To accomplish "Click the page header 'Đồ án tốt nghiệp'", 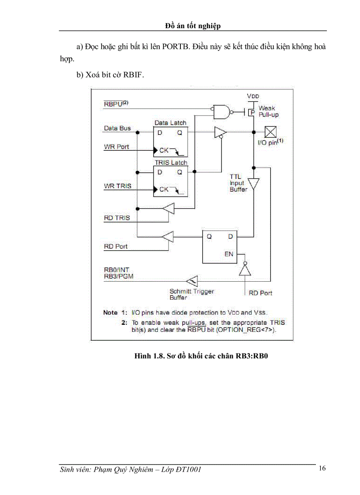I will [x=193, y=26].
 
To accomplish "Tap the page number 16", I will [x=322, y=468].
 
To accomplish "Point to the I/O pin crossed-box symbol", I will [x=270, y=132].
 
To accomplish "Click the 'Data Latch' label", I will [x=170, y=123].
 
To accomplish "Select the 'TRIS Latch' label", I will [x=170, y=163].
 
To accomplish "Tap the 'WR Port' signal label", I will [x=116, y=147].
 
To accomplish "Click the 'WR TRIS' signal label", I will [x=117, y=186].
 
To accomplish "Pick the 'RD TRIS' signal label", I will [x=117, y=217].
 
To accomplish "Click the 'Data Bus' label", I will [x=117, y=128].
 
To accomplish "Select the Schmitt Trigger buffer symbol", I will [x=191, y=280].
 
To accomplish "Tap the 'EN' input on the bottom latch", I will [x=229, y=254].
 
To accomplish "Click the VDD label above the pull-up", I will [x=253, y=96].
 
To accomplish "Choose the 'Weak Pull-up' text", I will [x=268, y=111].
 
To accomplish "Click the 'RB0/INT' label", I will [x=116, y=270].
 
